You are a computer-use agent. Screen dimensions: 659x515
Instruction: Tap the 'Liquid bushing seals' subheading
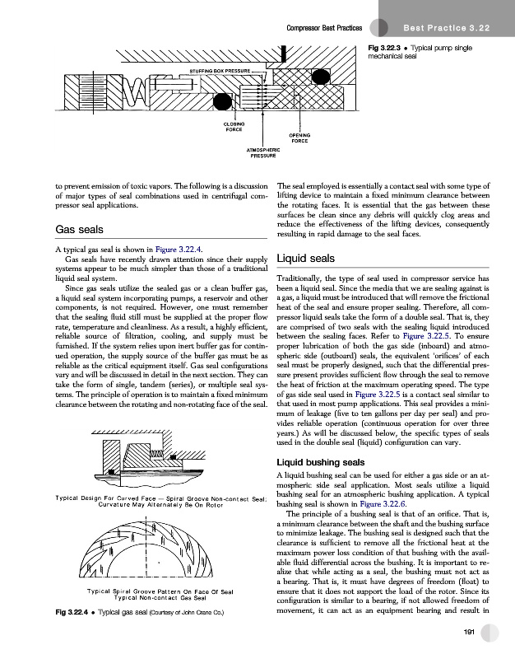tap(328, 462)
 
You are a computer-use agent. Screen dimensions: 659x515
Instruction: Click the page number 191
tap(470, 632)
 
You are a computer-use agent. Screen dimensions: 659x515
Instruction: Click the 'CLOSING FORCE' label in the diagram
tap(234, 126)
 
